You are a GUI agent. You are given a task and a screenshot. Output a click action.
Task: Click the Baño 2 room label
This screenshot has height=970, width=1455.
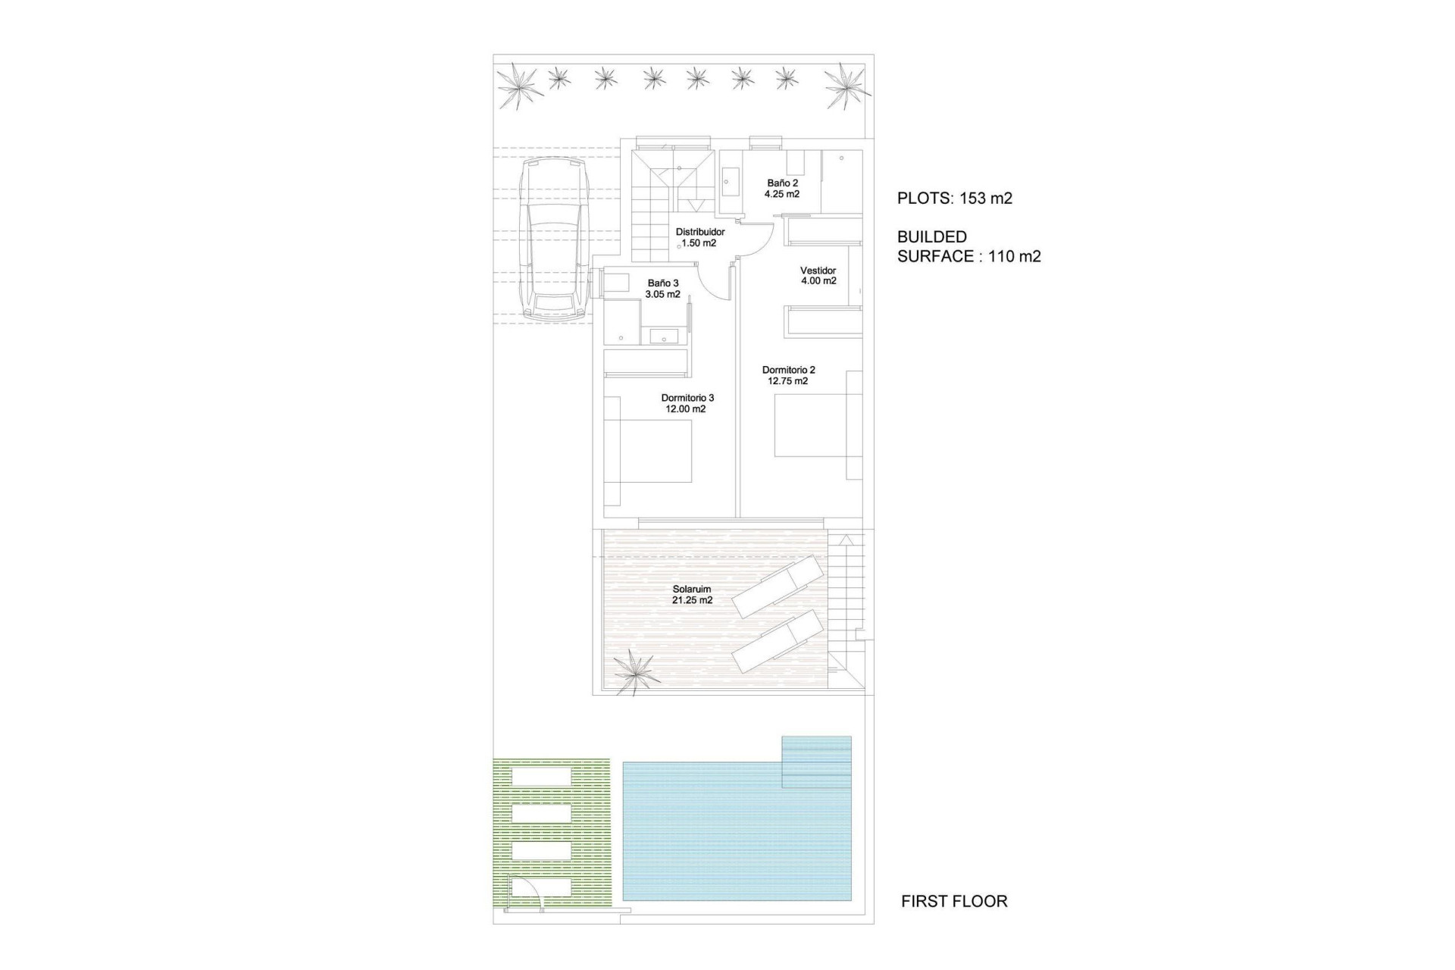[782, 183]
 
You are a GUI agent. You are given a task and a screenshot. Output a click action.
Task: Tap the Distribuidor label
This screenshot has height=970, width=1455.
[699, 232]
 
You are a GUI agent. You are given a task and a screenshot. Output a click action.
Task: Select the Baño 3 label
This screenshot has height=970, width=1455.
[663, 283]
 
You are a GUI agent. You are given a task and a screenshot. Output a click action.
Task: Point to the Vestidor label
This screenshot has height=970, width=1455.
[818, 271]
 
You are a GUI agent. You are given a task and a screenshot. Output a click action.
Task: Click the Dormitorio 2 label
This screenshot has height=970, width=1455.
[788, 370]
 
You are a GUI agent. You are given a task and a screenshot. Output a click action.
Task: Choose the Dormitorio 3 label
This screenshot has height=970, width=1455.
[687, 398]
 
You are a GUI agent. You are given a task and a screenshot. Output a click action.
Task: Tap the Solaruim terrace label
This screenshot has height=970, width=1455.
[692, 589]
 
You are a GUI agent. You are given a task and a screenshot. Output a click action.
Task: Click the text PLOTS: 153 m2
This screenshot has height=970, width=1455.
[954, 199]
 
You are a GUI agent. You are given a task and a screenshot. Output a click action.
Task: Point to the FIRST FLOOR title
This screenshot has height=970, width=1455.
[954, 901]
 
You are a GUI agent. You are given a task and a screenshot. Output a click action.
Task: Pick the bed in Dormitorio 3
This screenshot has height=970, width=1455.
[656, 452]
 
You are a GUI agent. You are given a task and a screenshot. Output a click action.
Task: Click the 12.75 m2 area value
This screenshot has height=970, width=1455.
[788, 381]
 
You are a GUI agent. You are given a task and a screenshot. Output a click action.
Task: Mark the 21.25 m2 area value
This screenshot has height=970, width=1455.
[692, 600]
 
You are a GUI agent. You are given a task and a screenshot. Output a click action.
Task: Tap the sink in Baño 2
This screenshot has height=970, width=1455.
[730, 182]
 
